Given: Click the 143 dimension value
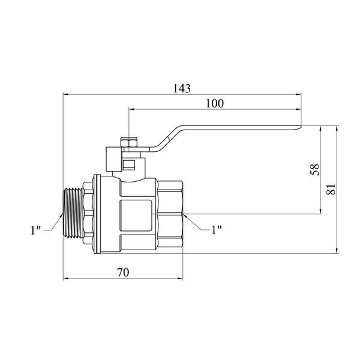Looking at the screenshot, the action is pos(182,88).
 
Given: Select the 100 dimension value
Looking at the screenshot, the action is pos(214,104).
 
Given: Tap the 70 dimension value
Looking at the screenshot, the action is pos(123,272).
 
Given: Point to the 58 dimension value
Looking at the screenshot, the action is pos(315,170).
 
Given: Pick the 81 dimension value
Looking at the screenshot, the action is pos(331,190).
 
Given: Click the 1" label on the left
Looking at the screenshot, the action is pos(35,230).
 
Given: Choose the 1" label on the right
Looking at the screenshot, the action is pos(217,230).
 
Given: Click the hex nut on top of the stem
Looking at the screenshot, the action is pos(129,143).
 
